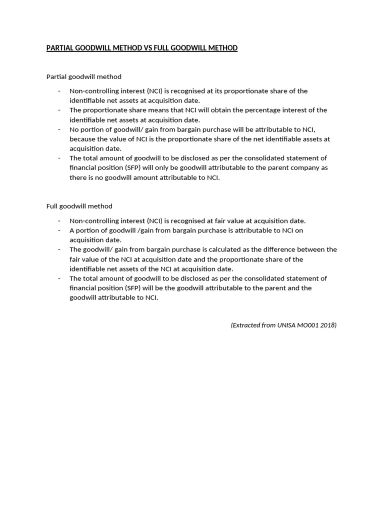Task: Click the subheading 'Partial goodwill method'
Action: click(x=83, y=76)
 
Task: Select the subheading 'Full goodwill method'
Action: click(x=79, y=206)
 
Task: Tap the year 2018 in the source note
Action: click(x=327, y=325)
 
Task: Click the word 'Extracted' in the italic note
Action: click(x=246, y=325)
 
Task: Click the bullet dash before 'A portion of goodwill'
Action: click(x=59, y=230)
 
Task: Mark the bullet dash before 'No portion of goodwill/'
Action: click(x=59, y=129)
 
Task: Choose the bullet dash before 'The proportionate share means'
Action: click(x=59, y=110)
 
